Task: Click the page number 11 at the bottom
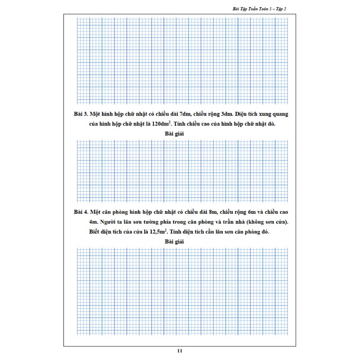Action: click(180, 351)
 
